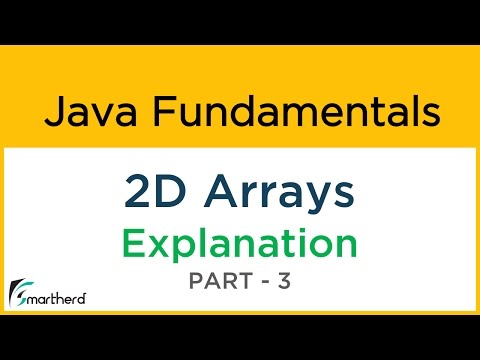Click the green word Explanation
click(x=240, y=243)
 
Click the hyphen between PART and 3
click(x=264, y=285)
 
